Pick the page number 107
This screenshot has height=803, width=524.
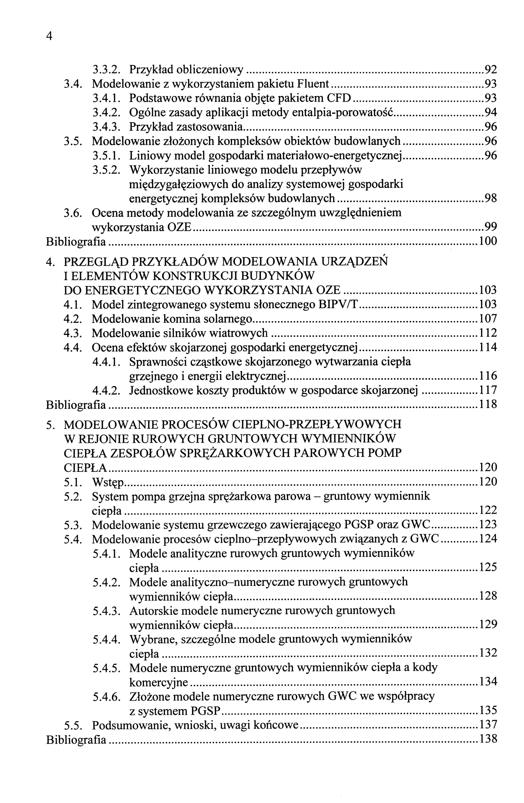488,318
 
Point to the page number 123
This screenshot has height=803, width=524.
488,525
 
